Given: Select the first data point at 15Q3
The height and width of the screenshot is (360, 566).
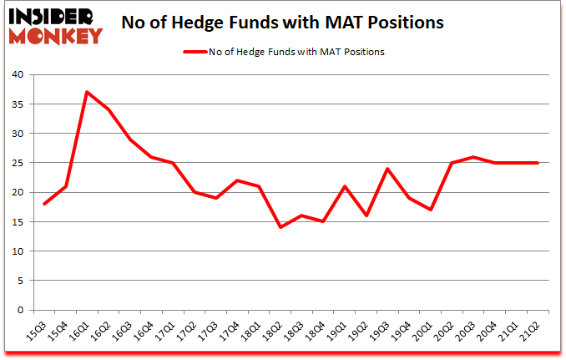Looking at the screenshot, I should click(43, 204).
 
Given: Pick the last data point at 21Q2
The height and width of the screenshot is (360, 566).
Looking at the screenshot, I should click(538, 163).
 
